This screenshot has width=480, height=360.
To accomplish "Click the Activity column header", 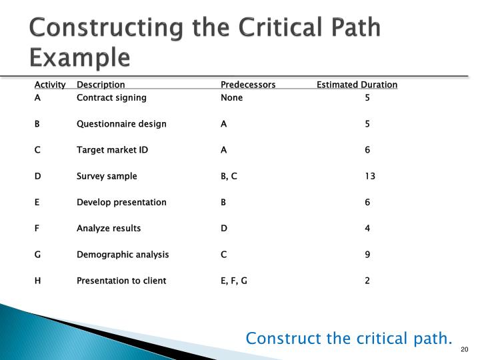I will coord(50,85).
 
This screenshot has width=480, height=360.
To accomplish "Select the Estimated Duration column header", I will coord(357,85).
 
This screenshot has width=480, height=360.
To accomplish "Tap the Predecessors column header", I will coord(248,85).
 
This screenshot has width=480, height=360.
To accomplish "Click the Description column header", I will coord(101,85).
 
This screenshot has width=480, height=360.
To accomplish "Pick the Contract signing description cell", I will coord(111,98).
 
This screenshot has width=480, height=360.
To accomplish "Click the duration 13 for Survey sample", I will coord(370,177).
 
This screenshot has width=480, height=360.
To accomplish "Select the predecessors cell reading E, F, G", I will coord(234,281).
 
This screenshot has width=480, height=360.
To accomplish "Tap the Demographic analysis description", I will coord(123,255).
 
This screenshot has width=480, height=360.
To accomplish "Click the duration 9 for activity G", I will coord(367,255).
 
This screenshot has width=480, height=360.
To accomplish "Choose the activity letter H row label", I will coord(38,281).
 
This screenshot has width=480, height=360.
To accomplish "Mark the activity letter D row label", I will coord(38,177).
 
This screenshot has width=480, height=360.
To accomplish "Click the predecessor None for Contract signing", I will coord(231,98).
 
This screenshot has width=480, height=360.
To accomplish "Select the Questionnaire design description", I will coord(121,124).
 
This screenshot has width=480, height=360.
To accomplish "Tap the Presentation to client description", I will coord(121,281).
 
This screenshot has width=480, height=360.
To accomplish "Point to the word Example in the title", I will coord(79,58).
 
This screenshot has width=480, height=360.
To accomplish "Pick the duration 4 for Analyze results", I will coord(367,229).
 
